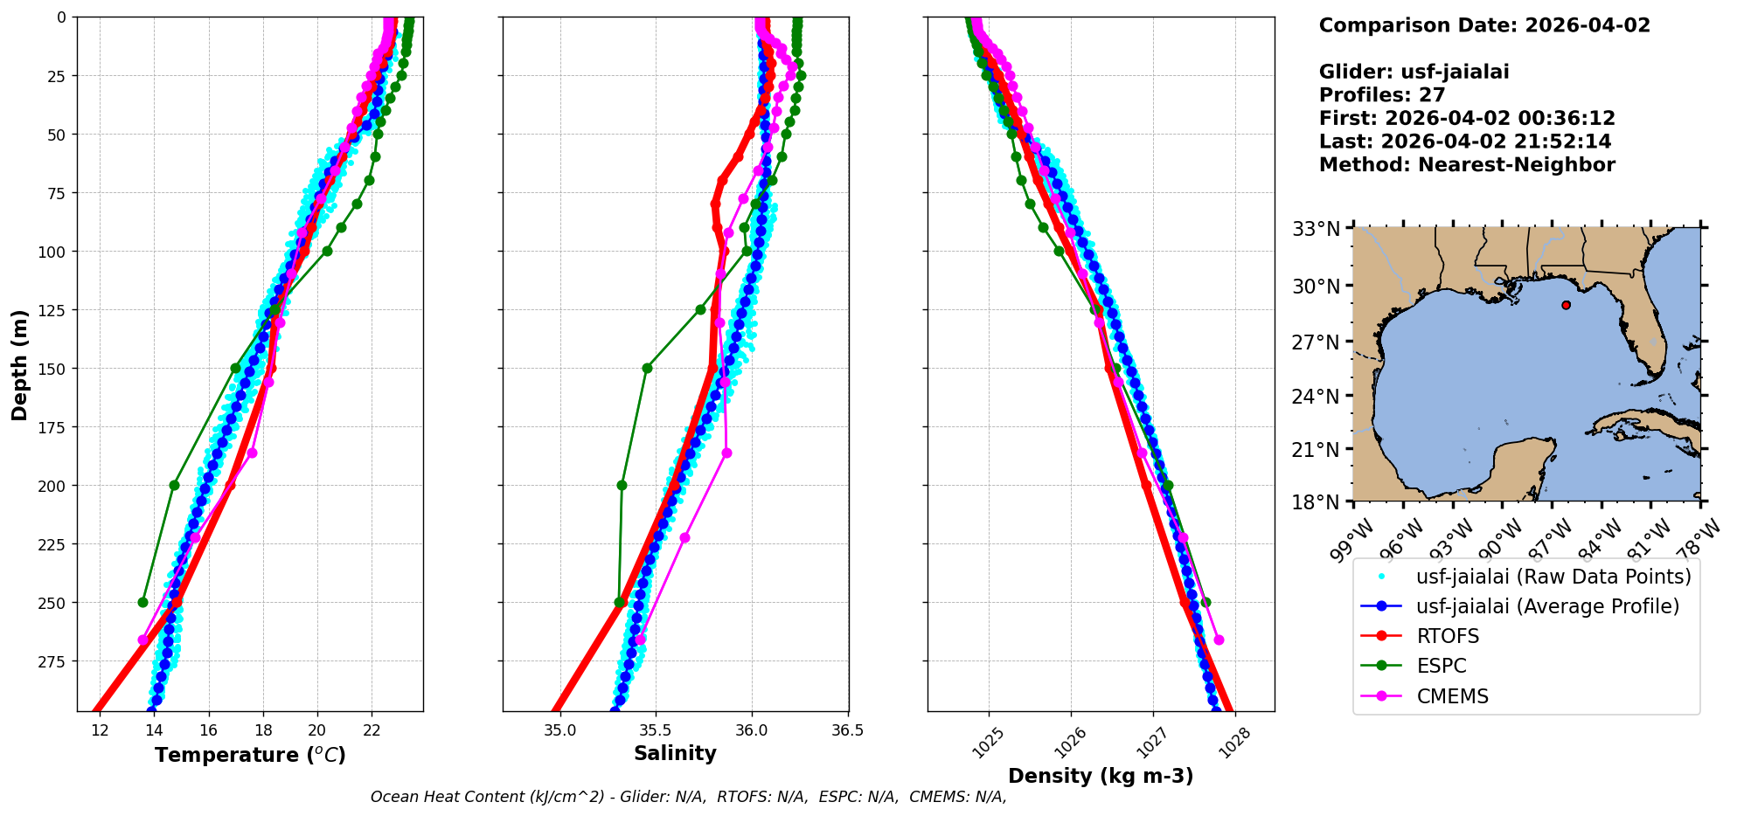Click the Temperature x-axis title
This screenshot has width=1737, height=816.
coord(250,755)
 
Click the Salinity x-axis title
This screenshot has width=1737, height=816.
coord(675,753)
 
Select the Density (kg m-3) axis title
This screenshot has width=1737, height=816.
coord(1101,776)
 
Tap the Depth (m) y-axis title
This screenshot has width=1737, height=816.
coord(19,364)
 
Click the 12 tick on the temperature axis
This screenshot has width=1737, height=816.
coord(100,730)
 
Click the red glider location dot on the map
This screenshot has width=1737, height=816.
coord(1566,305)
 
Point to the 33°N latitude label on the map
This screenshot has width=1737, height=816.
coord(1316,229)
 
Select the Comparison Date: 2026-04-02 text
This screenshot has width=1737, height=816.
coord(1484,25)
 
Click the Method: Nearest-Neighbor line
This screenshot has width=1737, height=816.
coord(1466,165)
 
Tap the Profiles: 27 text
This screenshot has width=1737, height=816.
coord(1382,95)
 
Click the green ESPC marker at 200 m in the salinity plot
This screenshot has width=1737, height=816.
coord(622,485)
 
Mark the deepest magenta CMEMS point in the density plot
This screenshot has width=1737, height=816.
coord(1219,640)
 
